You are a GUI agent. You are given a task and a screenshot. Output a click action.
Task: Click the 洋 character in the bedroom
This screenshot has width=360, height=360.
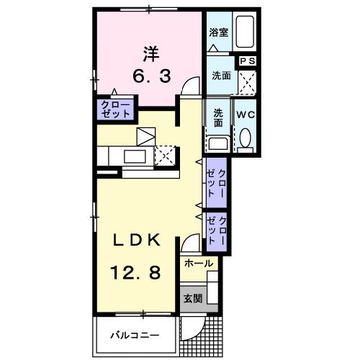click(x=150, y=53)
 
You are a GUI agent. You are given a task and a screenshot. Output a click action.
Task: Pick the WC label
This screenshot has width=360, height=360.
click(x=246, y=114)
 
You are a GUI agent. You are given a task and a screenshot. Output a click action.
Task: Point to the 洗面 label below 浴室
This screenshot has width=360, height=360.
click(x=220, y=76)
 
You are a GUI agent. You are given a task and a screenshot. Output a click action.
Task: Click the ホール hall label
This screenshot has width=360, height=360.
click(x=198, y=264)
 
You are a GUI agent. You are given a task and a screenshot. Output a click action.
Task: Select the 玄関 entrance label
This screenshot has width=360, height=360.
click(x=191, y=298)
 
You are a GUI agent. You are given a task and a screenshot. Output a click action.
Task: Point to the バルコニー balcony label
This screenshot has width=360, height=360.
click(x=133, y=335)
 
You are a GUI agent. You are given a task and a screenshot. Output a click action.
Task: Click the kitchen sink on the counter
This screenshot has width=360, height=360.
click(x=135, y=155)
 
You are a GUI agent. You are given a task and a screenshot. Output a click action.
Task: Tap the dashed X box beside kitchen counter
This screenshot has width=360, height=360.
click(x=164, y=155)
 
